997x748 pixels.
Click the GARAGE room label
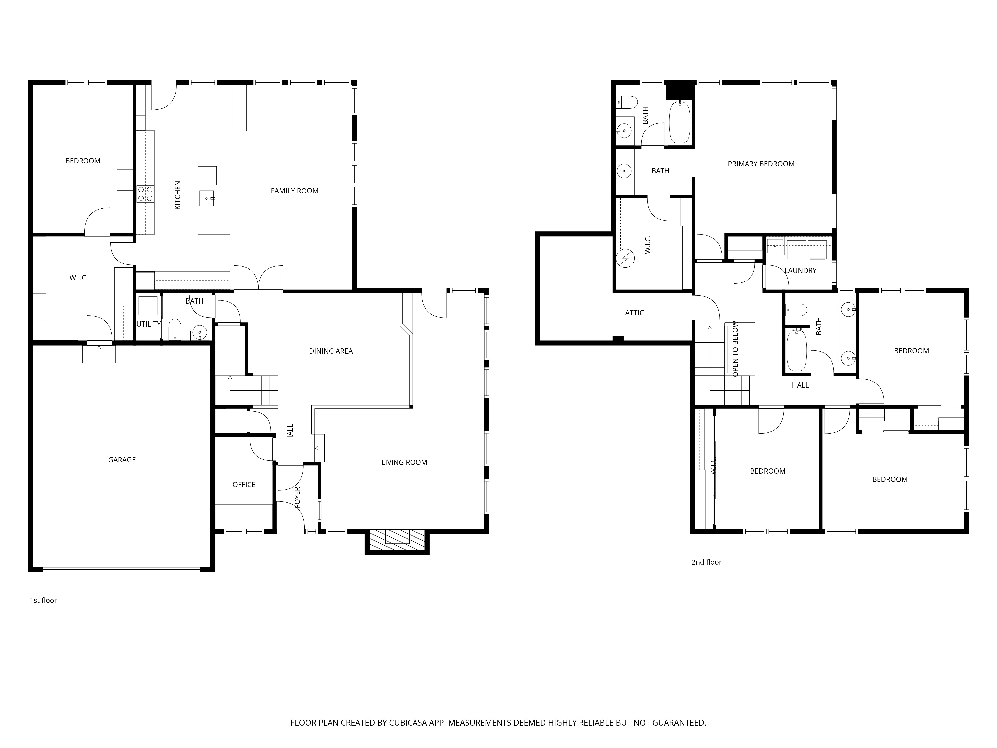(122, 460)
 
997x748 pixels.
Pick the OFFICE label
(244, 485)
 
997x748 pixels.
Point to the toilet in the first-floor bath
(175, 329)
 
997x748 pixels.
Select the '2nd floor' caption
(706, 562)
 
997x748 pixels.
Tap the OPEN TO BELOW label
(735, 349)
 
